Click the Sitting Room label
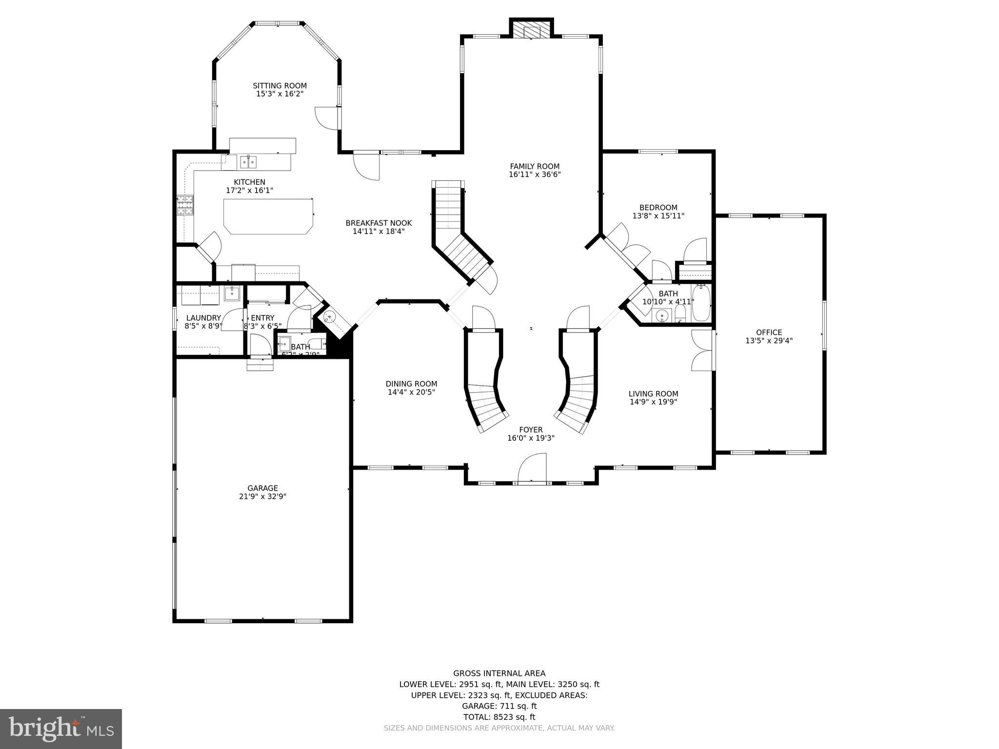(280, 86)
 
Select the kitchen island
(268, 216)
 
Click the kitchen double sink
(248, 161)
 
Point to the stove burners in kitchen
(185, 205)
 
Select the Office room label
(769, 333)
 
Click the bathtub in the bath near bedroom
(701, 303)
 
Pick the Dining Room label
(411, 384)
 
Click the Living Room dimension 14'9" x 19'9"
(653, 402)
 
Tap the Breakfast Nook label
(379, 223)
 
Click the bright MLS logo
(61, 729)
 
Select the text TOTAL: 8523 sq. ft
(499, 717)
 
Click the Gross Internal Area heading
(499, 673)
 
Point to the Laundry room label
(203, 318)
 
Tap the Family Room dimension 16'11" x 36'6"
(535, 174)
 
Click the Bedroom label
(658, 207)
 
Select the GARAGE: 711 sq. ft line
(499, 706)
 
